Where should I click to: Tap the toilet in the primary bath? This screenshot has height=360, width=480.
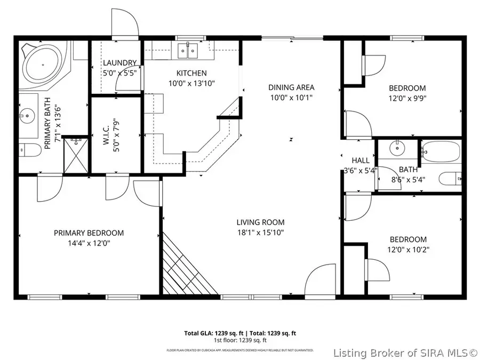click(29, 150)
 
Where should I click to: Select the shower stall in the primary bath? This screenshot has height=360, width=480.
click(76, 155)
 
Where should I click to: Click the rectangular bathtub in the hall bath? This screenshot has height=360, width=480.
click(441, 151)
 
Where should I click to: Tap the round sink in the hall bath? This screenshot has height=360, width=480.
click(396, 147)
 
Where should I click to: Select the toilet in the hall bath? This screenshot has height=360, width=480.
click(451, 178)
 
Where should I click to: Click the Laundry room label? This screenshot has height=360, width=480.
click(119, 62)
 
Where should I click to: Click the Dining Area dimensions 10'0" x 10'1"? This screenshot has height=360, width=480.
click(291, 97)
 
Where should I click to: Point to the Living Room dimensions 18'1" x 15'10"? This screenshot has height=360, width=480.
click(260, 232)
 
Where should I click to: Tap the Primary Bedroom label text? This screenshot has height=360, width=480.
click(89, 233)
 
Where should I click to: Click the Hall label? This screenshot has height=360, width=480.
click(361, 160)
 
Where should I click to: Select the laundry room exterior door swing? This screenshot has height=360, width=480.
click(125, 24)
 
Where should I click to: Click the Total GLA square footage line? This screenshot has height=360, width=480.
click(239, 333)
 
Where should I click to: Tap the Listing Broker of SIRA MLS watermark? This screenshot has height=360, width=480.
click(405, 353)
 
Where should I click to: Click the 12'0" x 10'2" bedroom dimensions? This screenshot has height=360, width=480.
click(407, 250)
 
